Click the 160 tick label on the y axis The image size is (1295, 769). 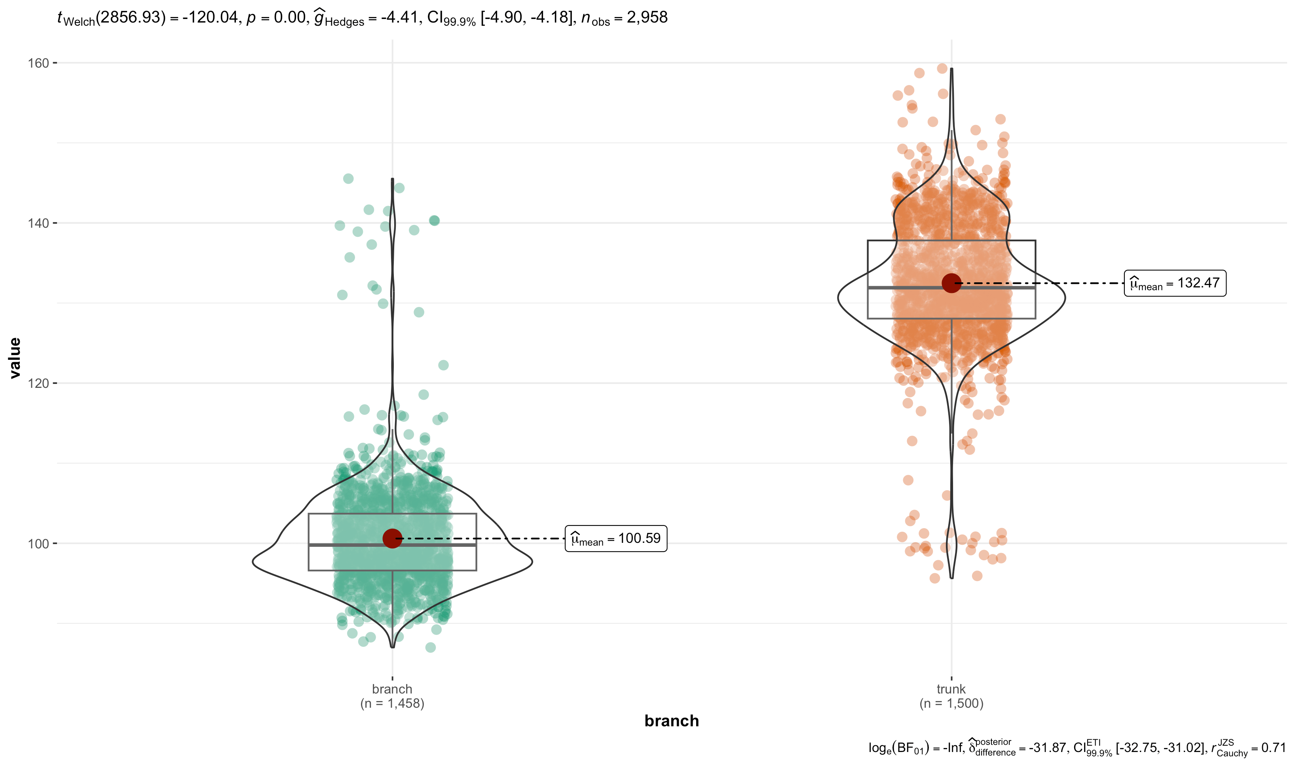pyautogui.click(x=38, y=63)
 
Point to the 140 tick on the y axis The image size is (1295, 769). pyautogui.click(x=38, y=223)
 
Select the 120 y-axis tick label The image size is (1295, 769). pyautogui.click(x=38, y=384)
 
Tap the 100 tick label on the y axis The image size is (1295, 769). pyautogui.click(x=38, y=544)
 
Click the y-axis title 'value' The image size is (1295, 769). pyautogui.click(x=15, y=357)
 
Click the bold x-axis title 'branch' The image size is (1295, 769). pyautogui.click(x=671, y=721)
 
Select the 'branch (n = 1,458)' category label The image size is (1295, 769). pyautogui.click(x=392, y=696)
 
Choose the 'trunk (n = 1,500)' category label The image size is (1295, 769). pyautogui.click(x=951, y=696)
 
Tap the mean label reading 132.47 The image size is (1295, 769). pyautogui.click(x=1175, y=283)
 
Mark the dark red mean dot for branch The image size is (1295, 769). pyautogui.click(x=392, y=538)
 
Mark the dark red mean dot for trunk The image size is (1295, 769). pyautogui.click(x=951, y=283)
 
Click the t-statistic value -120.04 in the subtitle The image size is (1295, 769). pyautogui.click(x=211, y=18)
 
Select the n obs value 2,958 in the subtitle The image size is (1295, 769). pyautogui.click(x=647, y=18)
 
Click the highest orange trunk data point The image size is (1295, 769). pyautogui.click(x=942, y=68)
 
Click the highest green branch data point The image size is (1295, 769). pyautogui.click(x=349, y=179)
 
